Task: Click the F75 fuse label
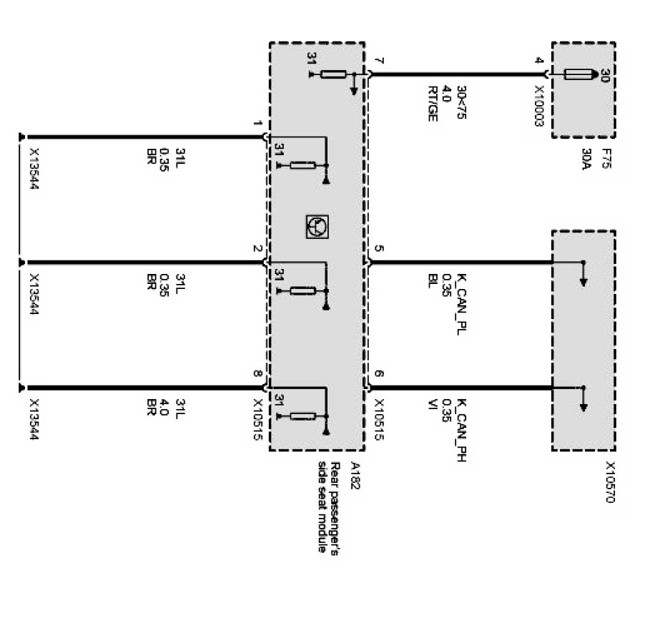[606, 155]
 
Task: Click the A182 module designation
[356, 473]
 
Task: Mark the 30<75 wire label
[461, 104]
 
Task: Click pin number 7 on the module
[378, 60]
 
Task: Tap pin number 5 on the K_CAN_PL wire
[378, 249]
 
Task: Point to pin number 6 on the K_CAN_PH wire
[378, 374]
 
